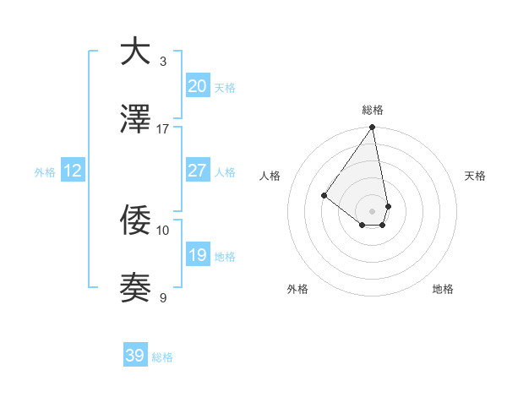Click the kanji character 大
[x=136, y=52]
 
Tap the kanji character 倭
[x=136, y=221]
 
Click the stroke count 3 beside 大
[x=163, y=62]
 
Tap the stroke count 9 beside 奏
[x=163, y=297]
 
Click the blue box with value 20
[x=197, y=85]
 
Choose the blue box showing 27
[x=197, y=171]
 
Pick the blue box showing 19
[x=197, y=255]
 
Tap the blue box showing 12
[x=73, y=171]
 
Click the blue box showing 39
[x=135, y=356]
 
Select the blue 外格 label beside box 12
[x=45, y=172]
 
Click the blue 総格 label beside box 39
[x=162, y=357]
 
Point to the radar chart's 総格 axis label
[x=373, y=110]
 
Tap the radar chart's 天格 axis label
[x=476, y=176]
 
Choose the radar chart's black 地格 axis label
[x=443, y=289]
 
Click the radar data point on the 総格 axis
[x=372, y=128]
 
